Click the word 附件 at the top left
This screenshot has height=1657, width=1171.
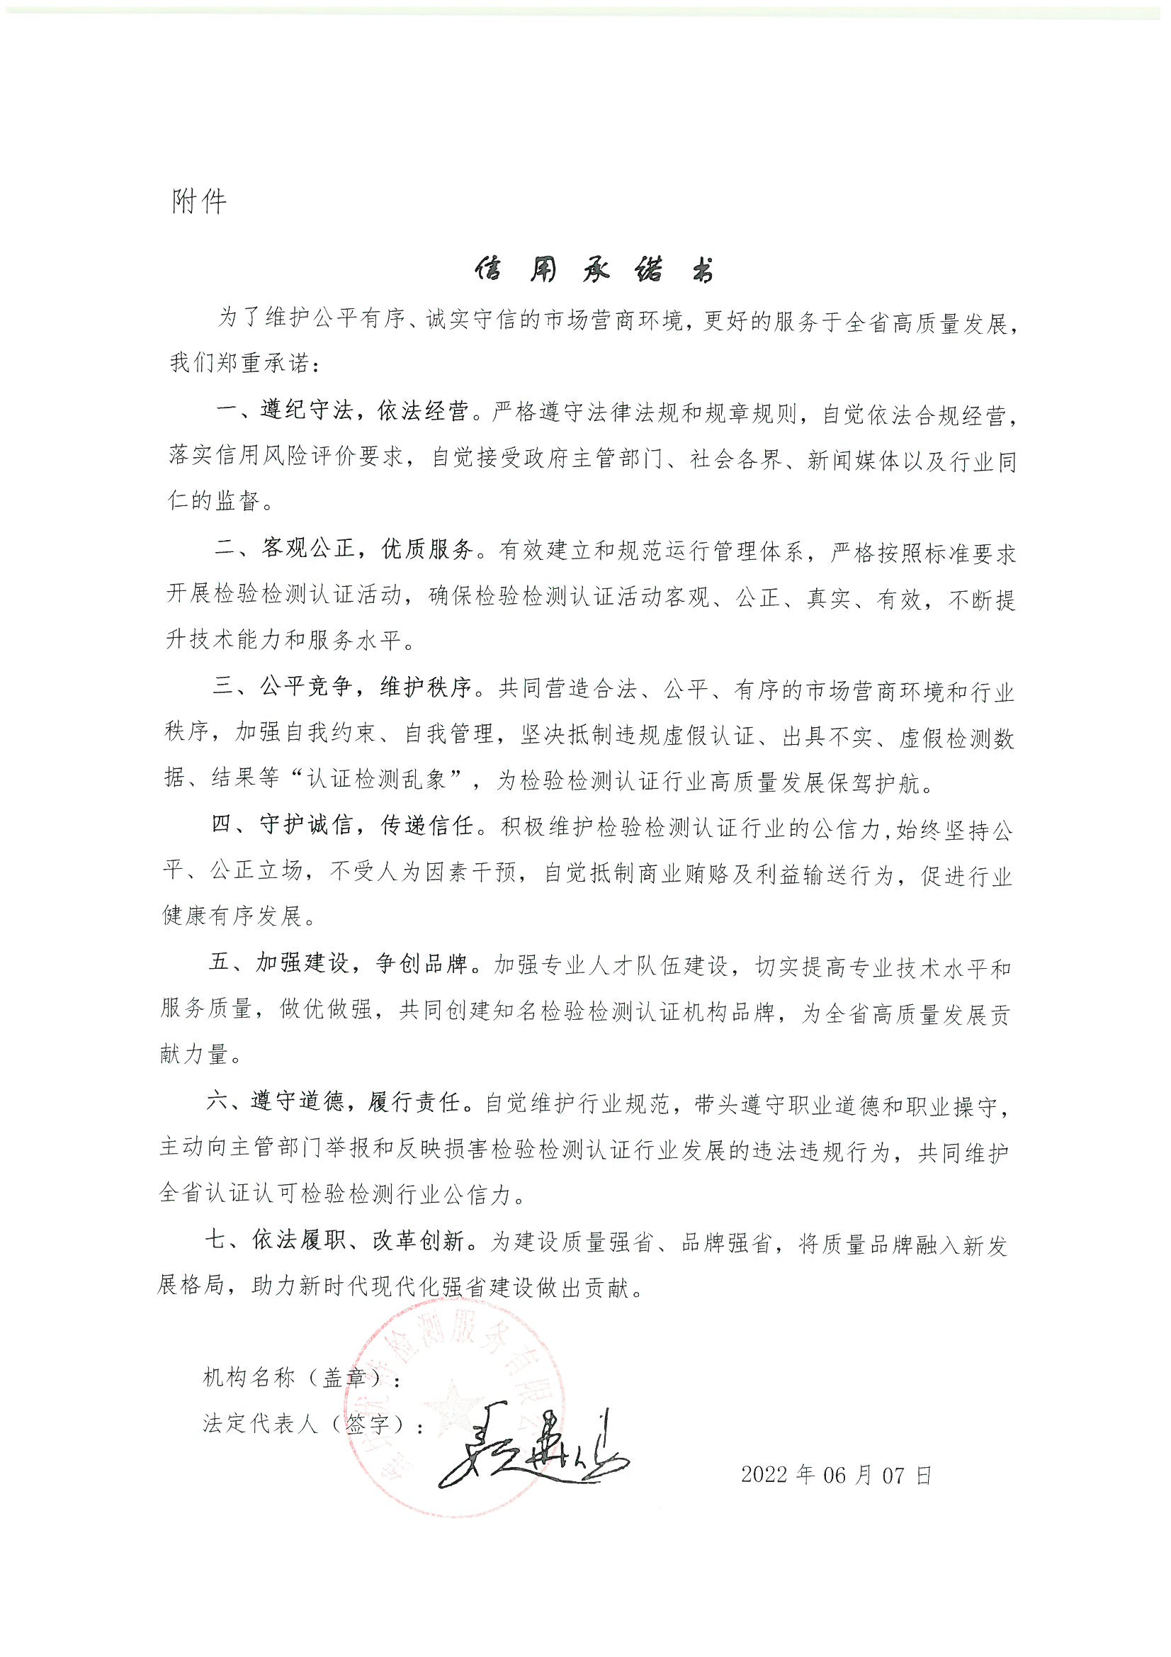click(199, 201)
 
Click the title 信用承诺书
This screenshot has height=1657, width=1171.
click(593, 270)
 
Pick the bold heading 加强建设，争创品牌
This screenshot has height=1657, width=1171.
click(361, 964)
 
